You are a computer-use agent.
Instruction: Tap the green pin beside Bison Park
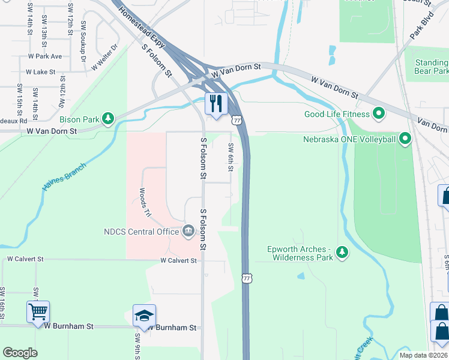[108, 118]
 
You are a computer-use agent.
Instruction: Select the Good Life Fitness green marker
[379, 113]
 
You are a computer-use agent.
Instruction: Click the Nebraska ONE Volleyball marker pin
[405, 139]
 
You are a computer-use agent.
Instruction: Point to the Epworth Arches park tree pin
[342, 252]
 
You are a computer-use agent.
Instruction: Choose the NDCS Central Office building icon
[188, 231]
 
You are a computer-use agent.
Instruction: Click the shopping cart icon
[38, 311]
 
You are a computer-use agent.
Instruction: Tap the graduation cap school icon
[144, 315]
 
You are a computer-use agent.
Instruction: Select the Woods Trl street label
[143, 202]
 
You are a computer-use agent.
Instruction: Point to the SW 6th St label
[231, 157]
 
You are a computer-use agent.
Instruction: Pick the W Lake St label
[40, 72]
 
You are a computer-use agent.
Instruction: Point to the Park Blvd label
[421, 28]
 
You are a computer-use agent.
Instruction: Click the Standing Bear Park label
[431, 67]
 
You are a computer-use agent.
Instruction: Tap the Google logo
[20, 353]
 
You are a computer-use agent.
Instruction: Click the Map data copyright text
[423, 355]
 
